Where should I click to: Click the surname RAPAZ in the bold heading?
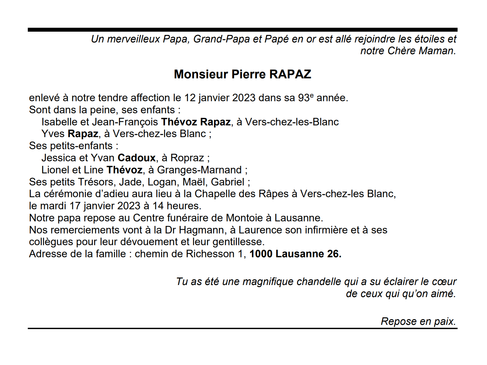click(x=290, y=74)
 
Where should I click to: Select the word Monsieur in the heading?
click(x=201, y=74)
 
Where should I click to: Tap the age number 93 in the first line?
click(x=304, y=98)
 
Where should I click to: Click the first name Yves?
click(x=53, y=134)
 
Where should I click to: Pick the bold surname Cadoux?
click(x=136, y=158)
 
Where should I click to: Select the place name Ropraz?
click(x=187, y=158)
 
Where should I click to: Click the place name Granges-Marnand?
click(x=199, y=170)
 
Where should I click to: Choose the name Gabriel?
click(x=227, y=182)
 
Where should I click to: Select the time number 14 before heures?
click(x=158, y=206)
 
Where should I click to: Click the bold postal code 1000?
click(x=261, y=254)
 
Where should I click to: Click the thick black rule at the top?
click(x=243, y=30)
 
